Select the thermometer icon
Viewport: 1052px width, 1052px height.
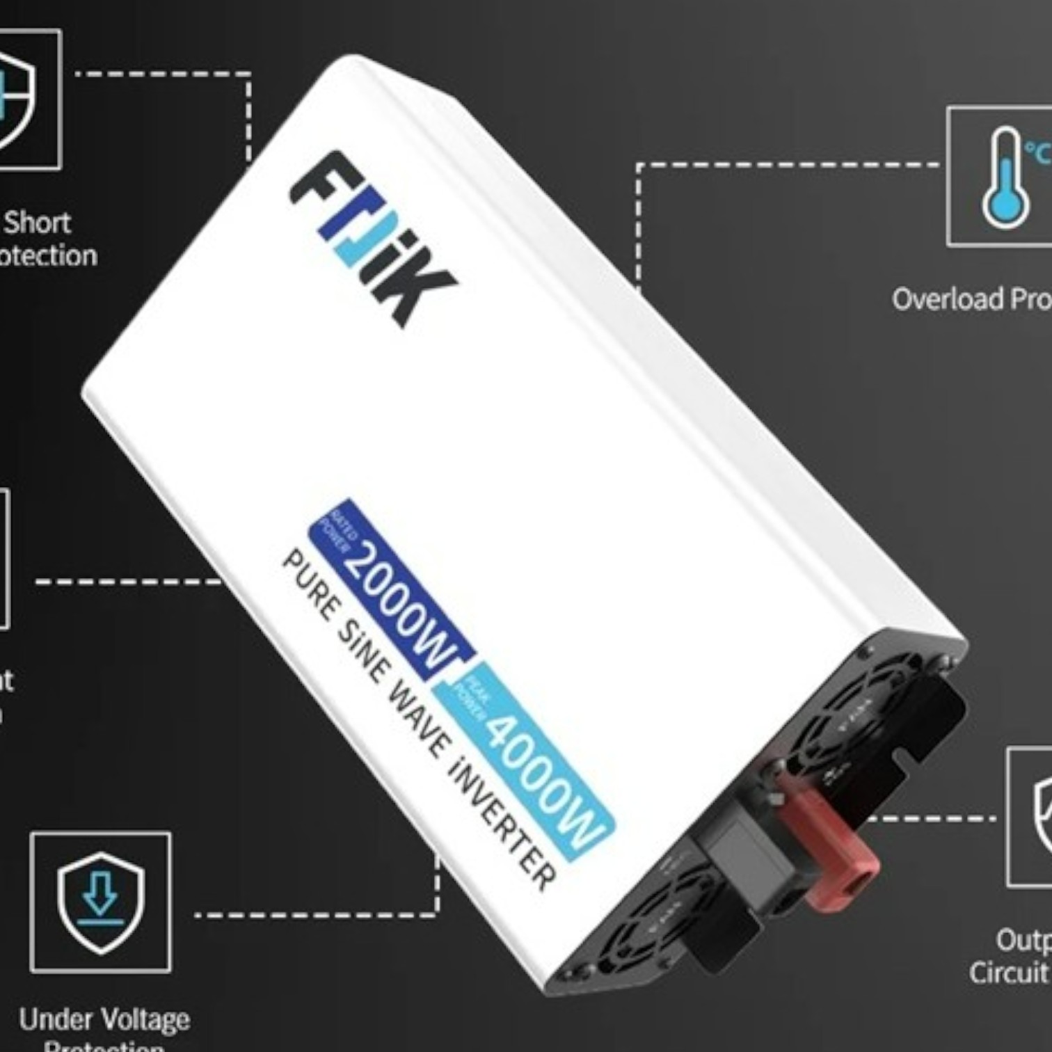click(1005, 177)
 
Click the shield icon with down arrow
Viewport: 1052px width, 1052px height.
click(101, 901)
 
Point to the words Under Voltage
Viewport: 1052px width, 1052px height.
click(104, 1020)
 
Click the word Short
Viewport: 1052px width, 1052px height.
click(38, 223)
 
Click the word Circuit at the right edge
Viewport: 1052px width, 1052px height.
click(1009, 972)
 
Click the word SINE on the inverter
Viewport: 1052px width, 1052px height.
click(362, 651)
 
